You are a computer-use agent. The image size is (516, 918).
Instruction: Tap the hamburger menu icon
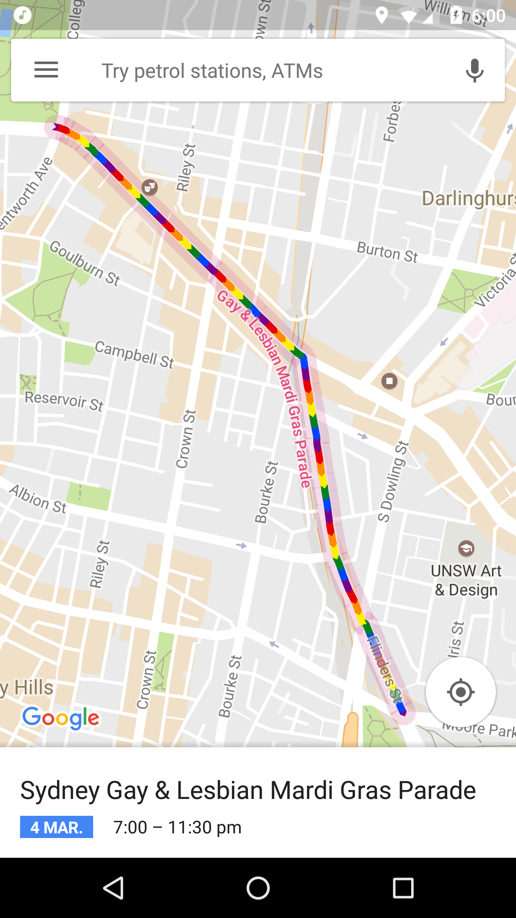(x=46, y=70)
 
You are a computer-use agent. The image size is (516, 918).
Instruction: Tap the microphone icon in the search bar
(x=474, y=70)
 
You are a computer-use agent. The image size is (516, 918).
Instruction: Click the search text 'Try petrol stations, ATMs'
(x=212, y=71)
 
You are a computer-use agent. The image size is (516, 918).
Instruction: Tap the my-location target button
(x=460, y=692)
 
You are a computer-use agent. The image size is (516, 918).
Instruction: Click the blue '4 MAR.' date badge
(x=57, y=827)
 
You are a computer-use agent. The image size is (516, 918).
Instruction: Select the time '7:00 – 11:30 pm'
(x=177, y=827)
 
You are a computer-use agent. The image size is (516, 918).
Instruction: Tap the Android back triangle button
(x=114, y=888)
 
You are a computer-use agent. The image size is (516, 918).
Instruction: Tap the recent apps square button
(x=403, y=888)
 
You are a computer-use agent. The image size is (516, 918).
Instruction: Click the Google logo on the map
(x=61, y=718)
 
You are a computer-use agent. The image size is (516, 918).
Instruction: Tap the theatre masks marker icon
(x=150, y=187)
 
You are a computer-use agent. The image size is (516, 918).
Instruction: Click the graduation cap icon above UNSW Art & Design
(x=466, y=548)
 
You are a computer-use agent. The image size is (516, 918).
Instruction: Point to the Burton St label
(x=387, y=252)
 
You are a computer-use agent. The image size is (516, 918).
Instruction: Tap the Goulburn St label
(x=85, y=263)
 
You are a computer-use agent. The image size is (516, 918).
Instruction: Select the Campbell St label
(x=134, y=354)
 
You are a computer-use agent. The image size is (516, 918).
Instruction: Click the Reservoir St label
(x=64, y=401)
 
